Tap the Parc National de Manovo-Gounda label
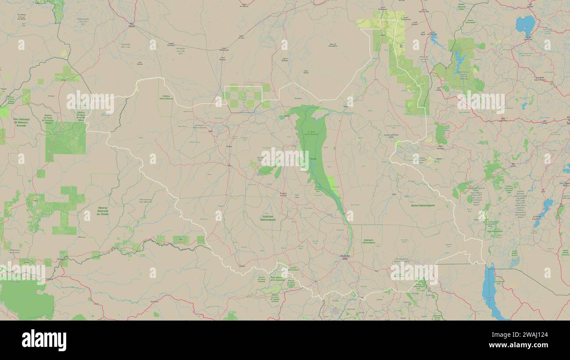pos(21,122)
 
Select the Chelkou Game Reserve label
pos(166,97)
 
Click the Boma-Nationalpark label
pos(423,205)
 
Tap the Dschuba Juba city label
pos(345,257)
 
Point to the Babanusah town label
pos(224,49)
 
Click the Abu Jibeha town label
pos(333,44)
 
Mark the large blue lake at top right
pos(525,24)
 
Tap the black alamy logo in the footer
pos(44,340)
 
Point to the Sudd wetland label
pos(313,159)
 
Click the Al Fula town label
pos(241,38)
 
